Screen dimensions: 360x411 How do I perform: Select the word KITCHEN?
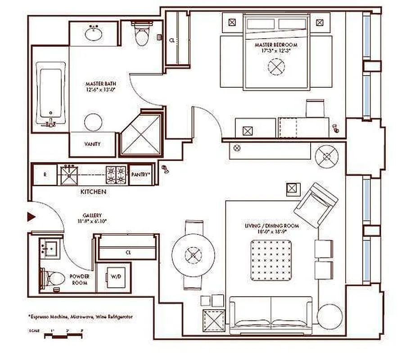coord(93,192)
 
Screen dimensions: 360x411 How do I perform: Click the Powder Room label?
coord(79,279)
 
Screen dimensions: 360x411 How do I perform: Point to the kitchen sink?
coord(69,174)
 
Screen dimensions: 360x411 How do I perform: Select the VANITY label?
coord(92,144)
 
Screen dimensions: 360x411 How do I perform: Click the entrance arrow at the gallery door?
coord(31,217)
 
